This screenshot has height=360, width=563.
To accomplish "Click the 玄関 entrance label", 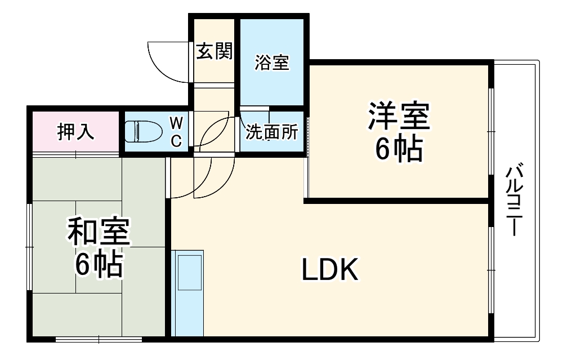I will pos(214,52).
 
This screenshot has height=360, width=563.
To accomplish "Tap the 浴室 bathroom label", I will pos(272,62).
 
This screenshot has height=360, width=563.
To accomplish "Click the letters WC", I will pos(176,132).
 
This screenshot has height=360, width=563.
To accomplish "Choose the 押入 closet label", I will pos(75,132).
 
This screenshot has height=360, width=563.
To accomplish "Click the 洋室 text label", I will pos(399,115).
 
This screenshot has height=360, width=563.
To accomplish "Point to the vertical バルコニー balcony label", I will pos(513,200).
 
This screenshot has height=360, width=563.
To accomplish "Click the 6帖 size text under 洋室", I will pos(399,149).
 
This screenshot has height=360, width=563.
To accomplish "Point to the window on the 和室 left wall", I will pos(30,247).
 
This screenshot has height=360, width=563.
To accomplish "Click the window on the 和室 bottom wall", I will pos(99,339).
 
